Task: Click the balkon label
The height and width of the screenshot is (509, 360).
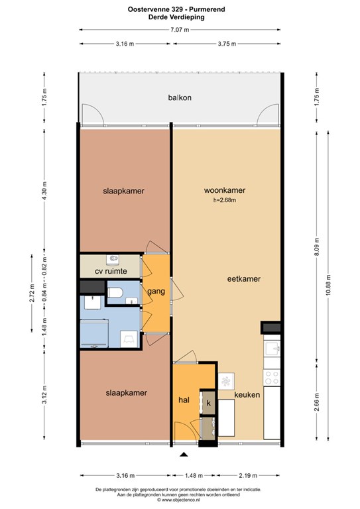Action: pyautogui.click(x=180, y=97)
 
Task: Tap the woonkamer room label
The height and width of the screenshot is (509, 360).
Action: pyautogui.click(x=224, y=190)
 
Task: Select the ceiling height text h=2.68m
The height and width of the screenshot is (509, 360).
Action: pyautogui.click(x=224, y=200)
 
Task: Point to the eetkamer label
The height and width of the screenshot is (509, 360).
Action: pyautogui.click(x=244, y=278)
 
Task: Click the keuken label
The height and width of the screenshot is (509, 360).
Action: pyautogui.click(x=247, y=395)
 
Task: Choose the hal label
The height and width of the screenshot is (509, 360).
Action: pyautogui.click(x=184, y=400)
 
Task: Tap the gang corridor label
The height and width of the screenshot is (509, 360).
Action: pyautogui.click(x=156, y=292)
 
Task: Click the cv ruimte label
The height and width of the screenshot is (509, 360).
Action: pyautogui.click(x=111, y=271)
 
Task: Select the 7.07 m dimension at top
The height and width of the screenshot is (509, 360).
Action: pyautogui.click(x=180, y=30)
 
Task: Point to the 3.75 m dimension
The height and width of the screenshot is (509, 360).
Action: pyautogui.click(x=227, y=44)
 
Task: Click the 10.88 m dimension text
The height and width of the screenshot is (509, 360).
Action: pyautogui.click(x=328, y=285)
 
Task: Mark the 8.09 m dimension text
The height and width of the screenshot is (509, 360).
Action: pyautogui.click(x=317, y=247)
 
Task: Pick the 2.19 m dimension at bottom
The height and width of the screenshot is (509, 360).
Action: pyautogui.click(x=248, y=476)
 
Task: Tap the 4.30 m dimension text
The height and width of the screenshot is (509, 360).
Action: pyautogui.click(x=44, y=191)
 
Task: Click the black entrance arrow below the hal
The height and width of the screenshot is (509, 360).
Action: pyautogui.click(x=184, y=455)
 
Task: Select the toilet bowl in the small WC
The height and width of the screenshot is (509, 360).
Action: pyautogui.click(x=115, y=292)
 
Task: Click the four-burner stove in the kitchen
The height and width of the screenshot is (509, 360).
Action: pyautogui.click(x=272, y=377)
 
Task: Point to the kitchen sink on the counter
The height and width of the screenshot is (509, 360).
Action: pyautogui.click(x=272, y=349)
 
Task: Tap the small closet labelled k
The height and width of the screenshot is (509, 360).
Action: pyautogui.click(x=208, y=403)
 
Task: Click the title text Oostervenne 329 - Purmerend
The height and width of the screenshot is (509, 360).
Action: pyautogui.click(x=176, y=9)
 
